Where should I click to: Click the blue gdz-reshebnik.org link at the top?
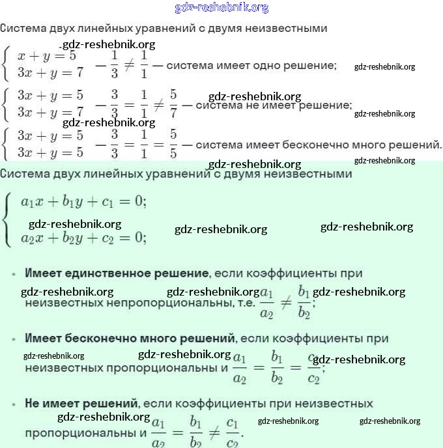click(x=221, y=8)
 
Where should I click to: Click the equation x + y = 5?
click(x=47, y=56)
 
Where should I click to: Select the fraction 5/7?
click(x=173, y=102)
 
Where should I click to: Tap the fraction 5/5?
click(x=173, y=143)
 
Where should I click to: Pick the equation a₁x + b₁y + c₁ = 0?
click(x=83, y=201)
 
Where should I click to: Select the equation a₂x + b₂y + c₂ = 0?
click(x=83, y=238)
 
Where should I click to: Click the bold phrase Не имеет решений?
click(x=81, y=404)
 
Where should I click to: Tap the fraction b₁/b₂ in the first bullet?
click(x=304, y=301)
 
